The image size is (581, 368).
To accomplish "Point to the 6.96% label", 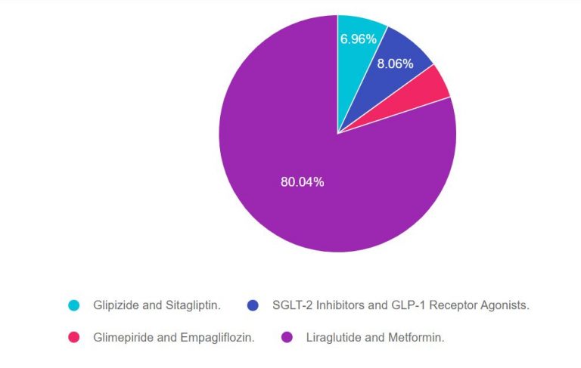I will tap(358, 39).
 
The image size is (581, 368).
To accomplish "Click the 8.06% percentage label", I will tap(395, 64).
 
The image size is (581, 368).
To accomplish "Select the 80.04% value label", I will tap(302, 181).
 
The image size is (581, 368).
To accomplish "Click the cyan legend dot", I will tap(74, 305).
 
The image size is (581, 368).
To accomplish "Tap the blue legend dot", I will tap(253, 305).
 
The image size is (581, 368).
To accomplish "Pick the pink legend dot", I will tap(74, 338).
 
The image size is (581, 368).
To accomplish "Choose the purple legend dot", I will tap(287, 338).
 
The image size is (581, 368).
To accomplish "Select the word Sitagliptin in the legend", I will tap(191, 305).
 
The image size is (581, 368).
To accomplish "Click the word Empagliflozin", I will tap(214, 338).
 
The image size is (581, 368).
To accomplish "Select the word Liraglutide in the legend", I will tap(331, 338).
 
